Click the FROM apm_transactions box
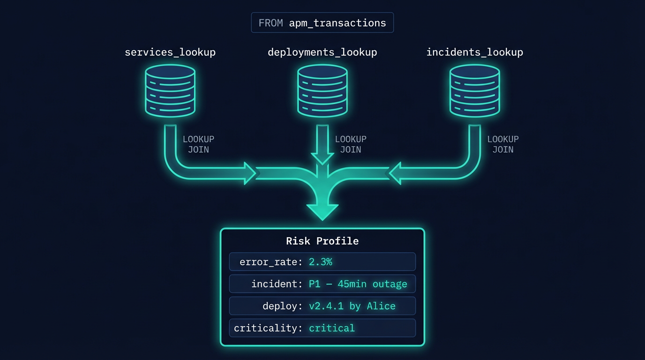(322, 22)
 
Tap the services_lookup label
(170, 52)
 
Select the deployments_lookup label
(322, 52)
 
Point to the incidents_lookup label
(474, 52)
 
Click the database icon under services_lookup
(170, 90)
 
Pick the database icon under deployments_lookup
(322, 90)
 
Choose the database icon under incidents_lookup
(474, 90)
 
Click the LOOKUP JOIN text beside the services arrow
(198, 144)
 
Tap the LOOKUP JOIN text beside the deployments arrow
(351, 144)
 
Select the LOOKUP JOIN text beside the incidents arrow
(502, 144)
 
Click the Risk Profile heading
(322, 241)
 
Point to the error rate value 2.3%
(321, 262)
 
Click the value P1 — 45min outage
(358, 284)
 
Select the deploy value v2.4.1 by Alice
(352, 306)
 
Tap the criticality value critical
(332, 328)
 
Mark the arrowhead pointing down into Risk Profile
(322, 211)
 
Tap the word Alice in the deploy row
(381, 306)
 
